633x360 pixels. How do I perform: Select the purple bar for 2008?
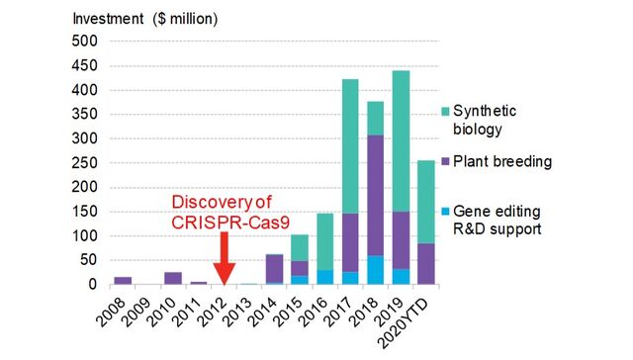[x=123, y=281]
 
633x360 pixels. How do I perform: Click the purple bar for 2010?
[x=173, y=278]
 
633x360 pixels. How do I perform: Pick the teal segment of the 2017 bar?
[x=350, y=145]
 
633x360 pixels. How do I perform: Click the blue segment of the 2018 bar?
[x=376, y=270]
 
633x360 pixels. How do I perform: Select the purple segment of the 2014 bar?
[x=275, y=268]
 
